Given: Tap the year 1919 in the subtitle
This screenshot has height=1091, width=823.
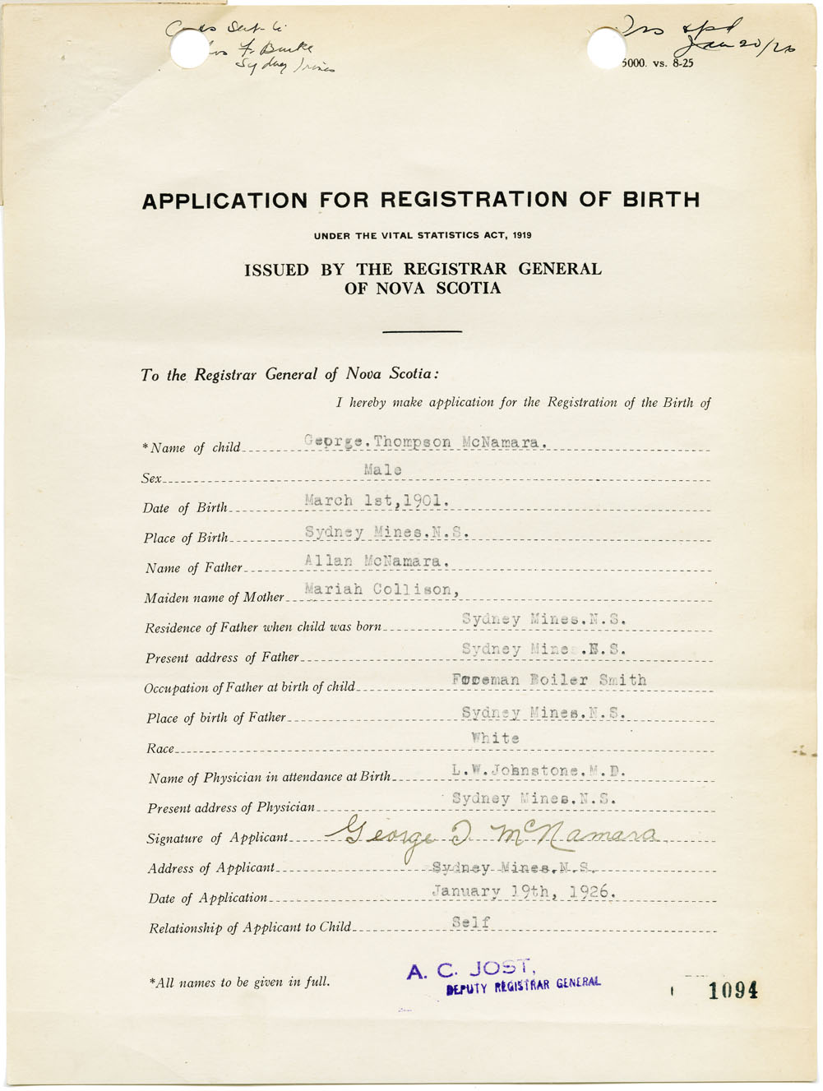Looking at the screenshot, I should pyautogui.click(x=521, y=236).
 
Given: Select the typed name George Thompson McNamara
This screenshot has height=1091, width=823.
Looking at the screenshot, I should pyautogui.click(x=425, y=441).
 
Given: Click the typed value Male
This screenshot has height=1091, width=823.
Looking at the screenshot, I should pyautogui.click(x=382, y=470).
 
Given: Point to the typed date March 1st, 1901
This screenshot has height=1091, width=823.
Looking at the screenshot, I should pyautogui.click(x=377, y=500).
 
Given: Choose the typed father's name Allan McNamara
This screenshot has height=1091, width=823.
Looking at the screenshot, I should pyautogui.click(x=377, y=561).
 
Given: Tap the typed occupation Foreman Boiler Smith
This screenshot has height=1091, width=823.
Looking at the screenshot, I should pyautogui.click(x=548, y=680).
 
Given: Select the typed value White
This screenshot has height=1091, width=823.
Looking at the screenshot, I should pyautogui.click(x=495, y=738).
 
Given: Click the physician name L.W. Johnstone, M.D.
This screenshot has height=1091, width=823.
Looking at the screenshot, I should pyautogui.click(x=539, y=771).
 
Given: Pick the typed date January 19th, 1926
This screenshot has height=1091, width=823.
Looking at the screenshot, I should pyautogui.click(x=524, y=891).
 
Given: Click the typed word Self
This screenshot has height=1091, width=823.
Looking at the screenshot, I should pyautogui.click(x=471, y=922).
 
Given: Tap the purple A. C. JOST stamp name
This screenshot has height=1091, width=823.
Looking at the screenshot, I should pyautogui.click(x=470, y=970).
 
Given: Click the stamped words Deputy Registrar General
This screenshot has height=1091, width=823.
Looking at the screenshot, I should pyautogui.click(x=523, y=985).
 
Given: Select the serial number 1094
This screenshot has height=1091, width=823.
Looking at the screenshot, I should pyautogui.click(x=733, y=991).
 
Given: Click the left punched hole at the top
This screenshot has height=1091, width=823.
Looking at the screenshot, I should pyautogui.click(x=190, y=50).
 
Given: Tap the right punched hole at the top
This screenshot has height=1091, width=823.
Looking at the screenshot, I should pyautogui.click(x=607, y=49).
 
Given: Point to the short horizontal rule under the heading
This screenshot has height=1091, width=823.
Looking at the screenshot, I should pyautogui.click(x=423, y=331).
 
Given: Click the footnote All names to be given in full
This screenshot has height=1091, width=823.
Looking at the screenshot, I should pyautogui.click(x=239, y=982).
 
